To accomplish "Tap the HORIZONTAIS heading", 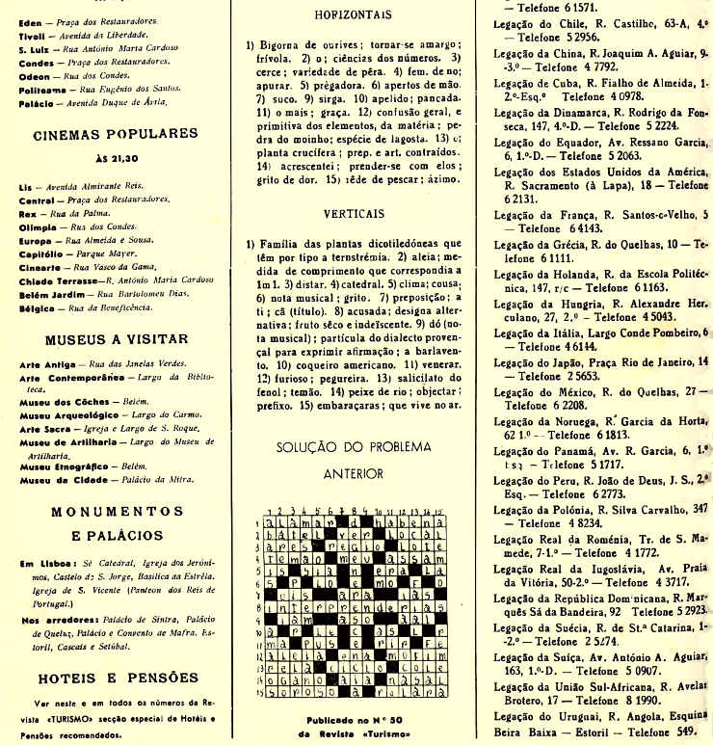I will tap(352, 14).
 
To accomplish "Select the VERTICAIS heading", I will tap(353, 213).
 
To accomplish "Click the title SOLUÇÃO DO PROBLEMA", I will tap(353, 448).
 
